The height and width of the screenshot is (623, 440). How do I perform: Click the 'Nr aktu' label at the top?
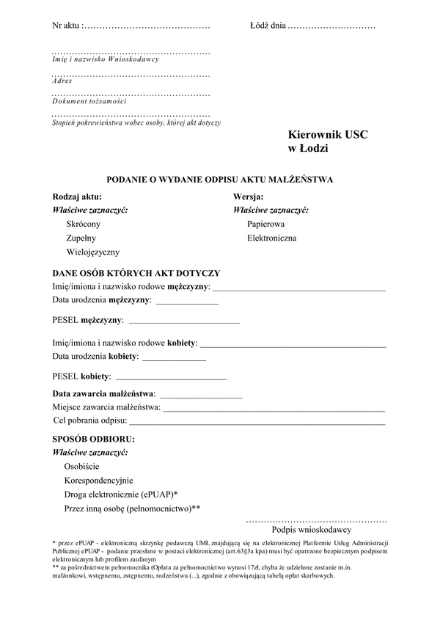point(67,26)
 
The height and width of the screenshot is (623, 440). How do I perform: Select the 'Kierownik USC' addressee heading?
point(328,135)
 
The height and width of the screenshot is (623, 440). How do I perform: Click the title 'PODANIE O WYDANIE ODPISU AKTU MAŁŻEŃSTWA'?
point(220,178)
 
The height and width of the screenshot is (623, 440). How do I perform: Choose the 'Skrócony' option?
point(83,224)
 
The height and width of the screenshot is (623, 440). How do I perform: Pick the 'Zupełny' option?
point(81,238)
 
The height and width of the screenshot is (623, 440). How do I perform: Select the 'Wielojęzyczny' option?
point(92,252)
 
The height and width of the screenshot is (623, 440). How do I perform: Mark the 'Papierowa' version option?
point(266,224)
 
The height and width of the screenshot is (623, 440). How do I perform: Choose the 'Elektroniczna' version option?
point(272,238)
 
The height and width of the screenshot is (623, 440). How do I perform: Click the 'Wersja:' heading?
point(249,197)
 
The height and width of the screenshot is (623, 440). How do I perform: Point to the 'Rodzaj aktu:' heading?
point(77,197)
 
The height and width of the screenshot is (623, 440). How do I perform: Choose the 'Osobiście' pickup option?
point(82,466)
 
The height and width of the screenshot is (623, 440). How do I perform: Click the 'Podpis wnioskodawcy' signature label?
point(312,529)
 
